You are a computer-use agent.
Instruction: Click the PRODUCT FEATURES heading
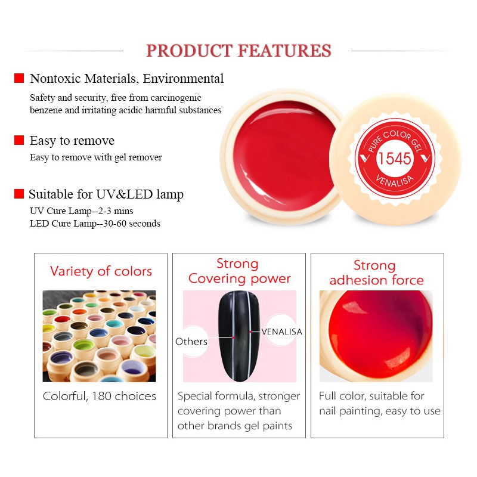pyautogui.click(x=238, y=51)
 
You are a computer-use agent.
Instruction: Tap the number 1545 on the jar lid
pyautogui.click(x=394, y=158)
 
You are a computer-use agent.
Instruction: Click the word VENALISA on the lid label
pyautogui.click(x=395, y=181)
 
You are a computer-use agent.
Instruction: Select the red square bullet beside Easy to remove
pyautogui.click(x=19, y=140)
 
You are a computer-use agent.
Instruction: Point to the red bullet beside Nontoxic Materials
pyautogui.click(x=19, y=78)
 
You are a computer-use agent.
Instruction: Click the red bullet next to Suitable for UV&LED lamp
pyautogui.click(x=19, y=194)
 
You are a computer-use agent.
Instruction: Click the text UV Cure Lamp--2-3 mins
pyautogui.click(x=82, y=211)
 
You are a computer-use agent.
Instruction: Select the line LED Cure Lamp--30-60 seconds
pyautogui.click(x=95, y=223)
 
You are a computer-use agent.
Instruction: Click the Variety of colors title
pyautogui.click(x=101, y=271)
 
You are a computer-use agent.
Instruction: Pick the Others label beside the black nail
pyautogui.click(x=191, y=341)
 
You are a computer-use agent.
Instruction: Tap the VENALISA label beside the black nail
pyautogui.click(x=281, y=332)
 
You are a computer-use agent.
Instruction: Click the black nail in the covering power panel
pyautogui.click(x=239, y=336)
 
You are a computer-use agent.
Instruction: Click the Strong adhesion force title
pyautogui.click(x=377, y=272)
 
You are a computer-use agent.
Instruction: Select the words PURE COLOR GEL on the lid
pyautogui.click(x=395, y=140)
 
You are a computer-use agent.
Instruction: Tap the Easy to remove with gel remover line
pyautogui.click(x=96, y=157)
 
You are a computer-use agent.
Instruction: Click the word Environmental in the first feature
pyautogui.click(x=184, y=79)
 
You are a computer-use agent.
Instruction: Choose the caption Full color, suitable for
pyautogui.click(x=371, y=396)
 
